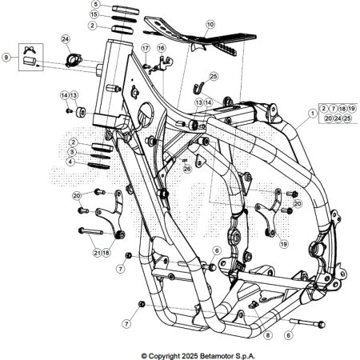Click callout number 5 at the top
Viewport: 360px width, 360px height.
95,4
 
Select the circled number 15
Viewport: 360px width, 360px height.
95,14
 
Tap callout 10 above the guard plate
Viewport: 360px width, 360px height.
210,25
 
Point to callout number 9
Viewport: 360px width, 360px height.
7,58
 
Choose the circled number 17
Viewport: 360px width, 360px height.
146,49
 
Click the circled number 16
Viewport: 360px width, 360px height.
161,49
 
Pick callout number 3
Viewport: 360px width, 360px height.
72,151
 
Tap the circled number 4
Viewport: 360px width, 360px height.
72,161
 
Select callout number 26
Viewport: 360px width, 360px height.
187,169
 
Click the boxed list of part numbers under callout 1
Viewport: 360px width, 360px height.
335,113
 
